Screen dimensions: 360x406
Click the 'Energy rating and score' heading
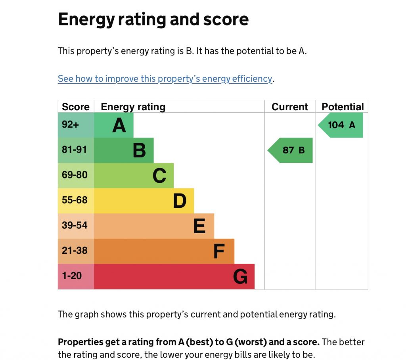click(x=153, y=19)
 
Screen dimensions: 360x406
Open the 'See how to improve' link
click(x=165, y=79)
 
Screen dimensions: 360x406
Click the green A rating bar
click(x=114, y=125)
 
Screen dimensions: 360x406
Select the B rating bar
click(x=124, y=150)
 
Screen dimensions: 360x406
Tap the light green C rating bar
click(x=134, y=176)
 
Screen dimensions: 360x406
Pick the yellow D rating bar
click(x=144, y=201)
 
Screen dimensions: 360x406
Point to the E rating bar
click(x=154, y=226)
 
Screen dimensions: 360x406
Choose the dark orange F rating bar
click(x=164, y=251)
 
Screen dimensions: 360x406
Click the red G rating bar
click(x=174, y=276)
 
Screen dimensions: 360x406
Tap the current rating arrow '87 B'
click(x=291, y=150)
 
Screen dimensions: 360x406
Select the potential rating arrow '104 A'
click(x=341, y=125)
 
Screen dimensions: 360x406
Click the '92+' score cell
click(x=76, y=125)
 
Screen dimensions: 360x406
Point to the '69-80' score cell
click(x=76, y=176)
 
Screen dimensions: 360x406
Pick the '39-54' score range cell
click(x=76, y=226)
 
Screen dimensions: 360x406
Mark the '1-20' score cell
click(x=76, y=276)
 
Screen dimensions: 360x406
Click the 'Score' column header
click(x=76, y=107)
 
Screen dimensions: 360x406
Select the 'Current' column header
click(x=290, y=107)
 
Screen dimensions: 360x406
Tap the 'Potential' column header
click(x=343, y=107)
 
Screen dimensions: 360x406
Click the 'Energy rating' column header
click(x=133, y=107)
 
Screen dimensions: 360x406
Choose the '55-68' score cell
click(x=76, y=201)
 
